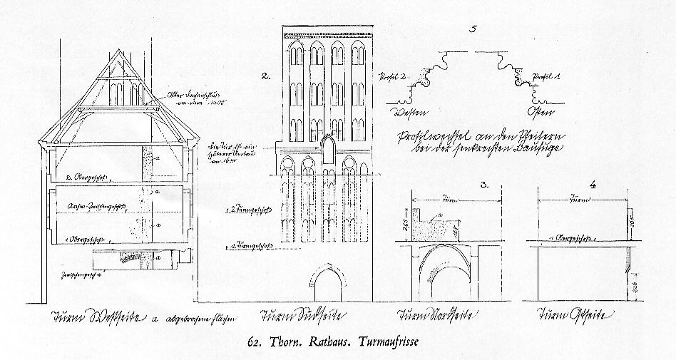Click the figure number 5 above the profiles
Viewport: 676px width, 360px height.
tap(473, 29)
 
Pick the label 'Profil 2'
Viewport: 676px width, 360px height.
tap(392, 76)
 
